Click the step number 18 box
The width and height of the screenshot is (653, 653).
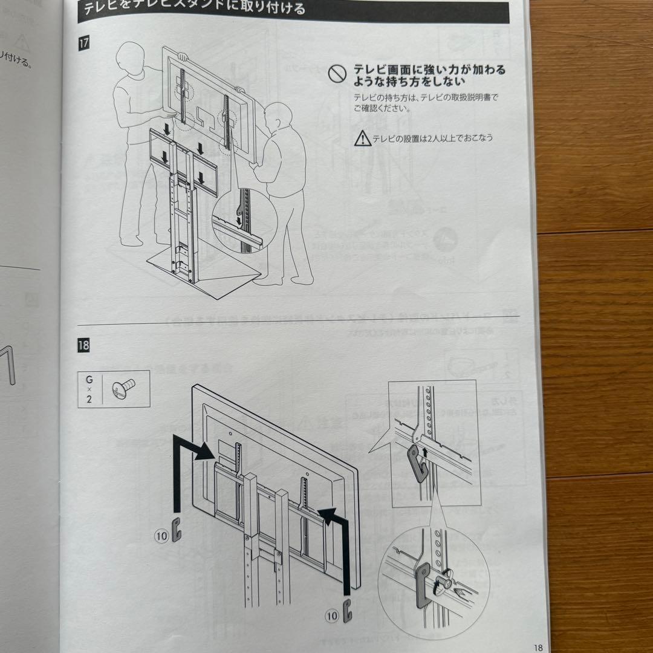click(x=83, y=346)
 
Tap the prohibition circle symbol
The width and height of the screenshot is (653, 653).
click(x=336, y=74)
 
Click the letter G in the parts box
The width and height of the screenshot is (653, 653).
click(x=89, y=380)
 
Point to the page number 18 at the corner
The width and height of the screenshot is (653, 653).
click(x=538, y=647)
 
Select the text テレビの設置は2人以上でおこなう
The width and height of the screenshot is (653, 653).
click(x=432, y=138)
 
